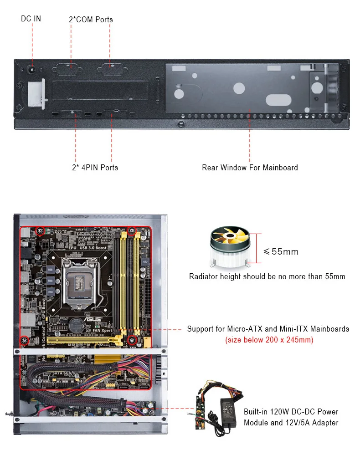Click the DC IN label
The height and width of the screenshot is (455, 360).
click(x=31, y=19)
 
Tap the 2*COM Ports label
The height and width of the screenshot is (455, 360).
click(x=90, y=20)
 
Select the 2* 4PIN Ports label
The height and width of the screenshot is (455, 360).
click(x=95, y=168)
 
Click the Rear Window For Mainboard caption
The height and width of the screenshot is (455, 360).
click(x=250, y=168)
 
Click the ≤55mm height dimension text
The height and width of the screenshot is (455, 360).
click(x=281, y=251)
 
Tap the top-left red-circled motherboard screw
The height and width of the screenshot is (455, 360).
click(x=40, y=231)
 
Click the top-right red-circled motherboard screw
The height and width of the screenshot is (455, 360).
click(x=132, y=231)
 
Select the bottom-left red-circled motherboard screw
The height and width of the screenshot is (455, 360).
click(x=25, y=340)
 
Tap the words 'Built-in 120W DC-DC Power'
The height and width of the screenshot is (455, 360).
click(x=291, y=412)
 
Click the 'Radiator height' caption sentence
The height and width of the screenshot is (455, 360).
click(x=267, y=276)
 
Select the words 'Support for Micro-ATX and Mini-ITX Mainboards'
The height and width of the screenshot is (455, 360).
click(x=268, y=329)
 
